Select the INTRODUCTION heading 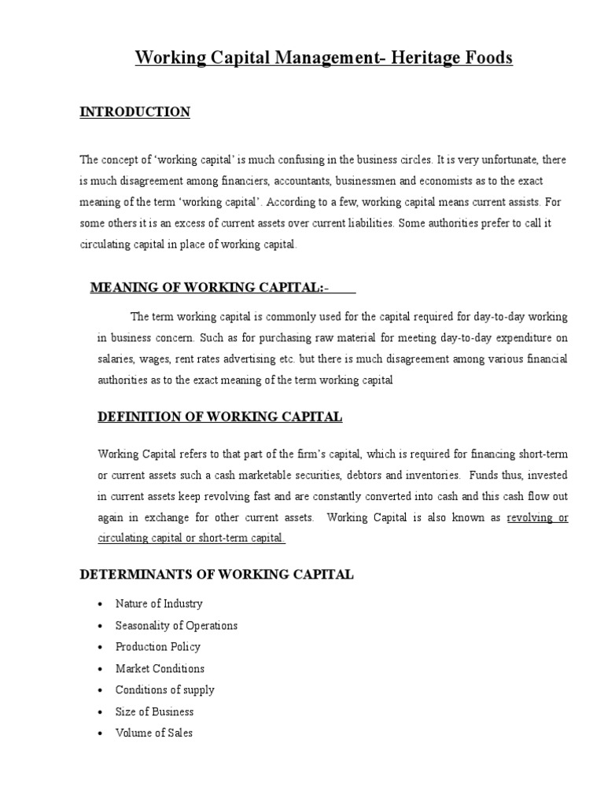point(135,112)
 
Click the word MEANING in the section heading point(125,289)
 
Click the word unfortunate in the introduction point(504,160)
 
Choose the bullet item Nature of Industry point(159,604)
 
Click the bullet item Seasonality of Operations point(176,626)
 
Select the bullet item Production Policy point(158,647)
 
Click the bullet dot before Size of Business point(100,712)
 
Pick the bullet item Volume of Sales point(154,733)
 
